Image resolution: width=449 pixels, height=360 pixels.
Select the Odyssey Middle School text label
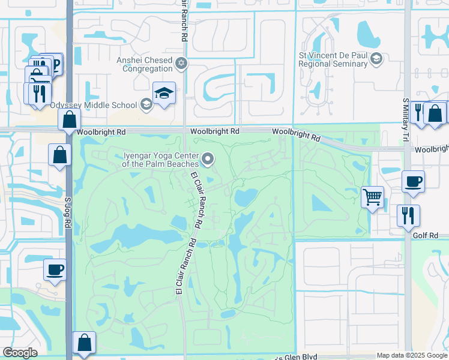point(93,105)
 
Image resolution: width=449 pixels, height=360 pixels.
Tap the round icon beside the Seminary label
point(376,58)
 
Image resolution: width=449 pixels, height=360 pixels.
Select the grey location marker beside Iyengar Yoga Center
point(208,159)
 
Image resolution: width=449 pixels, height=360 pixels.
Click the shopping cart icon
point(372,196)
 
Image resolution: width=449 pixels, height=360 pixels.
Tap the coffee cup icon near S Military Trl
point(413,181)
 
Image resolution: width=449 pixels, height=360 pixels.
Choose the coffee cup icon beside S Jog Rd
point(55,269)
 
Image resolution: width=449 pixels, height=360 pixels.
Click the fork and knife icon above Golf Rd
point(408,215)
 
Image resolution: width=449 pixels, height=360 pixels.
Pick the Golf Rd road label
point(426,236)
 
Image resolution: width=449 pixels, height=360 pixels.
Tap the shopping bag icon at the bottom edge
point(84,343)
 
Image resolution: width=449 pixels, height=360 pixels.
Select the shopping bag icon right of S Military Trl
point(435,113)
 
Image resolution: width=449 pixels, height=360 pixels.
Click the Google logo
point(20,353)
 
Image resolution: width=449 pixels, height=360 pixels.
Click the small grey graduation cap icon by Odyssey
point(145,105)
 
